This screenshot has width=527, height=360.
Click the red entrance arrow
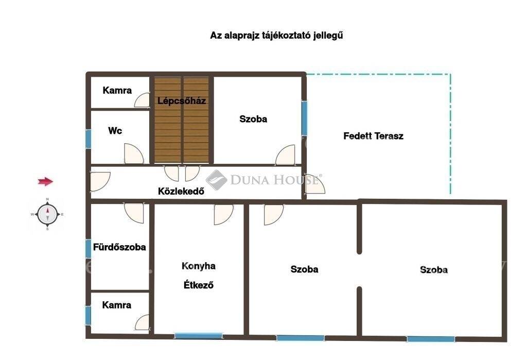click(x=45, y=182)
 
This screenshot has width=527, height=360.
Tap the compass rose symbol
click(x=47, y=214)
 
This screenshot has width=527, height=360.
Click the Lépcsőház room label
click(x=182, y=100)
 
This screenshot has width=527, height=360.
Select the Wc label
click(x=115, y=130)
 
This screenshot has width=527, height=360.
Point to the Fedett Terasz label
click(x=374, y=136)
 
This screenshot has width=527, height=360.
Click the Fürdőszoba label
click(x=119, y=247)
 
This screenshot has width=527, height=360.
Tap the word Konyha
click(x=199, y=266)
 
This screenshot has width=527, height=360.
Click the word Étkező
click(x=199, y=285)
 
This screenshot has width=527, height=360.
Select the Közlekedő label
click(x=181, y=191)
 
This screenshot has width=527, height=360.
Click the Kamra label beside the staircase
click(x=117, y=90)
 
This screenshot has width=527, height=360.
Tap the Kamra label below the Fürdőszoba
click(x=117, y=305)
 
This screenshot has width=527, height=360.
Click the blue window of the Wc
click(x=88, y=139)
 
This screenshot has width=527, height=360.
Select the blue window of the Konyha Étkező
click(x=198, y=335)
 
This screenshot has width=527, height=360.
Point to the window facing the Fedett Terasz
click(x=304, y=118)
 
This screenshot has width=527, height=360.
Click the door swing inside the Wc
click(x=134, y=154)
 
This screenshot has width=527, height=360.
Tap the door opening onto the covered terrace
click(x=315, y=184)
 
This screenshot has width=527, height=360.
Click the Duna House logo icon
click(x=217, y=180)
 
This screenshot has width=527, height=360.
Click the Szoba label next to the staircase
click(x=253, y=119)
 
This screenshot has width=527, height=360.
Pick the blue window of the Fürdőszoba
click(x=88, y=249)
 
